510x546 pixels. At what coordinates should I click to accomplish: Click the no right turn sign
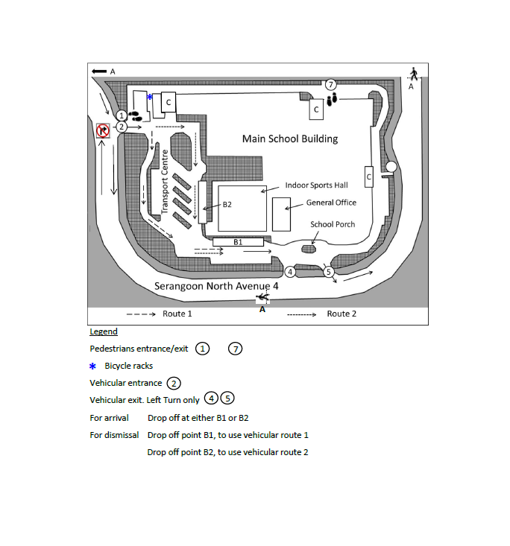pos(103,130)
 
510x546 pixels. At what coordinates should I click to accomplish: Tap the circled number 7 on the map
pos(331,84)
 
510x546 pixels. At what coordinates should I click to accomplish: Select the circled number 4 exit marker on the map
pos(290,272)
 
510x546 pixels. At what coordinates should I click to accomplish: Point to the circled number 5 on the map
pos(328,272)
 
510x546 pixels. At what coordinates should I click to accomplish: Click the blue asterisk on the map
pos(150,97)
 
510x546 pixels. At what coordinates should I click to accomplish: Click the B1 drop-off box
pos(238,242)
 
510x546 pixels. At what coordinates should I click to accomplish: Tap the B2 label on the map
pos(227,204)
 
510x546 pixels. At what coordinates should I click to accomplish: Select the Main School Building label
pos(290,139)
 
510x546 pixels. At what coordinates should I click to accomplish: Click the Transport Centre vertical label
pos(165,182)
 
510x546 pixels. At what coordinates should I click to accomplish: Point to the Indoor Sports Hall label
pos(317,185)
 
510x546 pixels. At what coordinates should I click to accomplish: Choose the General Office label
pos(331,203)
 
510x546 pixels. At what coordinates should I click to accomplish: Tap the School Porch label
pos(333,224)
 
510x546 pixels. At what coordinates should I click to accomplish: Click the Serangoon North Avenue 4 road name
pos(216,286)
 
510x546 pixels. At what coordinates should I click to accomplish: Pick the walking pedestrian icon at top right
pos(414,74)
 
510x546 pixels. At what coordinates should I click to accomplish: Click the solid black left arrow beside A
pos(99,72)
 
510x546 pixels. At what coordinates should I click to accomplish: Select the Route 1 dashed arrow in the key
pos(141,314)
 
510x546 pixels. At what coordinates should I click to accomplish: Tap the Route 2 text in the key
pos(341,314)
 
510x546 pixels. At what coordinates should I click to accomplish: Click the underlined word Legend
pos(104,331)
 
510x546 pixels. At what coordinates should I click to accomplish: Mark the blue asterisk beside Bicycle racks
pos(92,366)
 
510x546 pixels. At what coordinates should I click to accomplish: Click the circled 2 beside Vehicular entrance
pos(174,384)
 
